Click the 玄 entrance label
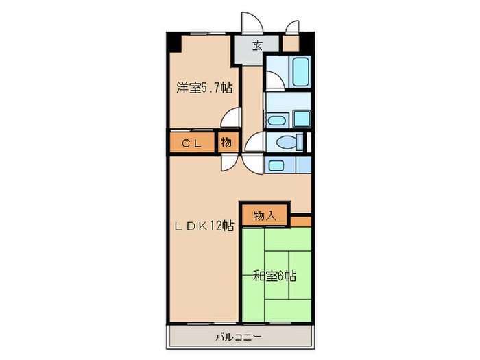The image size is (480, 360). coord(257,46)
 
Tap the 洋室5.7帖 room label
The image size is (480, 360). coord(204,88)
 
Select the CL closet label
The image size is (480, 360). coord(191,143)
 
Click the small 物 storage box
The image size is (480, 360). coord(226,143)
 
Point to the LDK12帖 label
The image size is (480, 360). coord(204,226)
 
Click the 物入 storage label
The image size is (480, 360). coord(265,215)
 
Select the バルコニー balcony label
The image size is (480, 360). coord(239,336)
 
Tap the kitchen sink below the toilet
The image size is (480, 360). coord(277,165)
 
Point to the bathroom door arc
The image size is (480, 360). coord(274,81)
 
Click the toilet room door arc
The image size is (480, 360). coord(254,143)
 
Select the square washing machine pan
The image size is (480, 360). coord(301,119)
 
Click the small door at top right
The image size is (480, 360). coord(292,27)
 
